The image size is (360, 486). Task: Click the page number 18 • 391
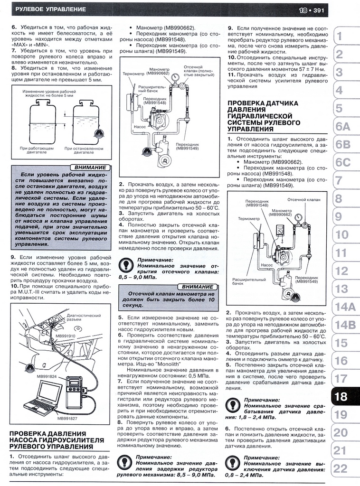click(x=311, y=9)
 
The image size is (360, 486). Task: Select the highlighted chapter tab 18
click(x=341, y=396)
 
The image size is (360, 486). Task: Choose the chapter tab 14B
click(x=345, y=325)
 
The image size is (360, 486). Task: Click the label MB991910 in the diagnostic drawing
click(x=66, y=336)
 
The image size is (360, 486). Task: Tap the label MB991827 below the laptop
click(x=67, y=419)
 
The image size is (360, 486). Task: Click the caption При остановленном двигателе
click(x=85, y=150)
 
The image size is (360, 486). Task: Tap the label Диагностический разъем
click(x=83, y=318)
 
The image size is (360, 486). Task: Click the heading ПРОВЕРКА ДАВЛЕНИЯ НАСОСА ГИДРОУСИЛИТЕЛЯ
click(x=57, y=440)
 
